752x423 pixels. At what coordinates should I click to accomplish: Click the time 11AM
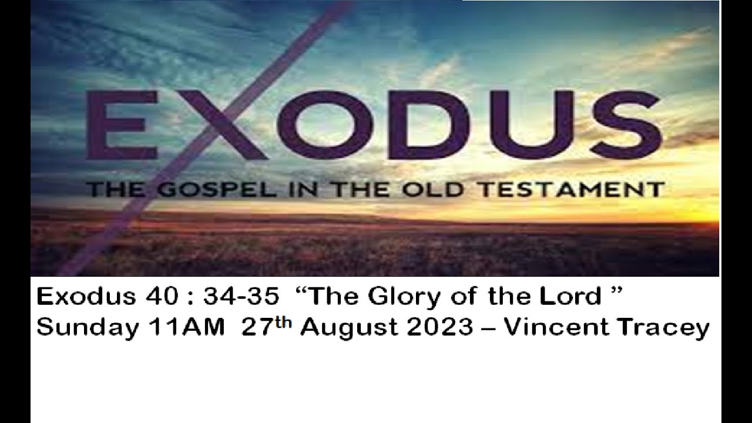[194, 328]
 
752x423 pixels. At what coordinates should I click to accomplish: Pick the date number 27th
[267, 327]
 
